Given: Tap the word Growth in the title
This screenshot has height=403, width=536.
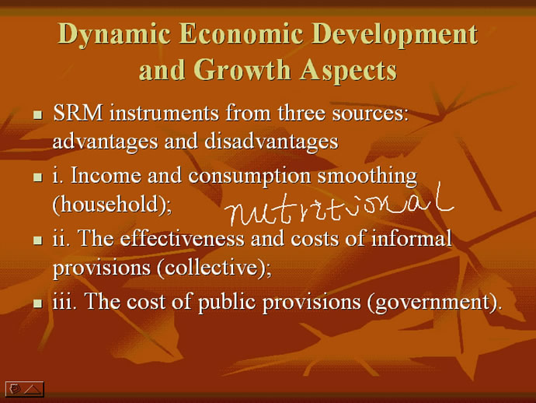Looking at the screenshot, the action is pyautogui.click(x=242, y=69).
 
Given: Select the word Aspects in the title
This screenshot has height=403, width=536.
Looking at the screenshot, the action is pyautogui.click(x=348, y=71).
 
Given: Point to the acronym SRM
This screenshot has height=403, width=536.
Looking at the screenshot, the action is pyautogui.click(x=78, y=113).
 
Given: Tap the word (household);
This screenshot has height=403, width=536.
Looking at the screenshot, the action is pyautogui.click(x=112, y=205).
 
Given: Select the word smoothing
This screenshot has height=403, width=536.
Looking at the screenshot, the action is pyautogui.click(x=367, y=177).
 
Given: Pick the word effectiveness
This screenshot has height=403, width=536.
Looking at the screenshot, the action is pyautogui.click(x=183, y=238).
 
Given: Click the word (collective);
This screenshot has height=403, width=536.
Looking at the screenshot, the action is pyautogui.click(x=214, y=268).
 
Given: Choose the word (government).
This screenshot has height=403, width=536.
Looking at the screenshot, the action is pyautogui.click(x=435, y=303).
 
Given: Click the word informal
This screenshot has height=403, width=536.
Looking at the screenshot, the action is pyautogui.click(x=412, y=237).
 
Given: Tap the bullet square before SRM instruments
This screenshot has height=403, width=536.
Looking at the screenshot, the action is pyautogui.click(x=38, y=114).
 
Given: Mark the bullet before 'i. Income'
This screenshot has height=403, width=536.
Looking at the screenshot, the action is pyautogui.click(x=38, y=177).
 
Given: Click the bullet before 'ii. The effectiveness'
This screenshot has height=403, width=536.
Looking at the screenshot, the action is pyautogui.click(x=38, y=240).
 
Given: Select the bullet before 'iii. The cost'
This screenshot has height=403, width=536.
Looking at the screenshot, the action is pyautogui.click(x=38, y=303).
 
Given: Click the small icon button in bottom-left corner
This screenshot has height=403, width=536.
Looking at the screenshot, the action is pyautogui.click(x=25, y=389).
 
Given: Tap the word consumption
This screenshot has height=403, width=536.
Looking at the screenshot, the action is pyautogui.click(x=249, y=177).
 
